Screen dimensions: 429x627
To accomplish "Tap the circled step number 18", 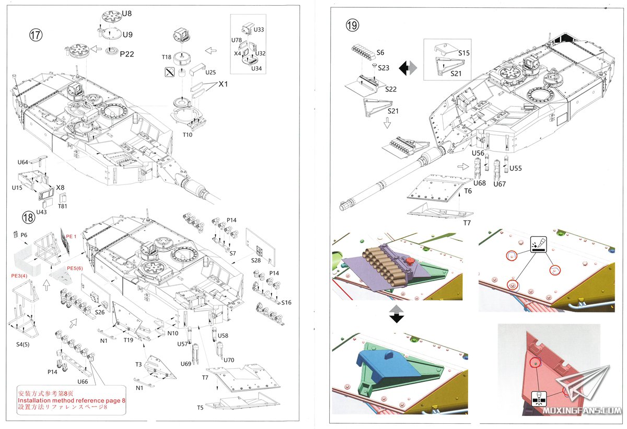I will pyautogui.click(x=28, y=216).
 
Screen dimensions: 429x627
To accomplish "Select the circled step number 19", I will pyautogui.click(x=352, y=24).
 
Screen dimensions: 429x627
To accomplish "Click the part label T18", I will pyautogui.click(x=166, y=57).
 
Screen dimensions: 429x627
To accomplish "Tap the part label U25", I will pyautogui.click(x=211, y=72).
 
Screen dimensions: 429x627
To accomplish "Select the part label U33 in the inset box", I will pyautogui.click(x=259, y=30).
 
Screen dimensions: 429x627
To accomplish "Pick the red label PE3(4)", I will pyautogui.click(x=19, y=275).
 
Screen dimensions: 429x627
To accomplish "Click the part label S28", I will pyautogui.click(x=256, y=260).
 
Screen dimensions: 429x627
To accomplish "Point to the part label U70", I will pyautogui.click(x=228, y=360).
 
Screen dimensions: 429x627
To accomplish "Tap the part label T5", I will pyautogui.click(x=200, y=408).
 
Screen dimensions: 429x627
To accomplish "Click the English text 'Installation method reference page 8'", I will pyautogui.click(x=72, y=400).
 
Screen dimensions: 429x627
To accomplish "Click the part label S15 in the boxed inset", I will pyautogui.click(x=464, y=53).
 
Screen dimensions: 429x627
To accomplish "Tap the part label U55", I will pyautogui.click(x=515, y=168).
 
